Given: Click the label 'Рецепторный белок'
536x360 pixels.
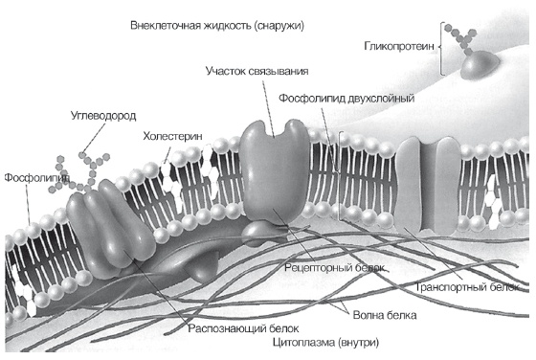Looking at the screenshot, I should [335, 267].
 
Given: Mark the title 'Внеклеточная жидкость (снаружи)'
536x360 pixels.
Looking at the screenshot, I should [217, 24].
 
